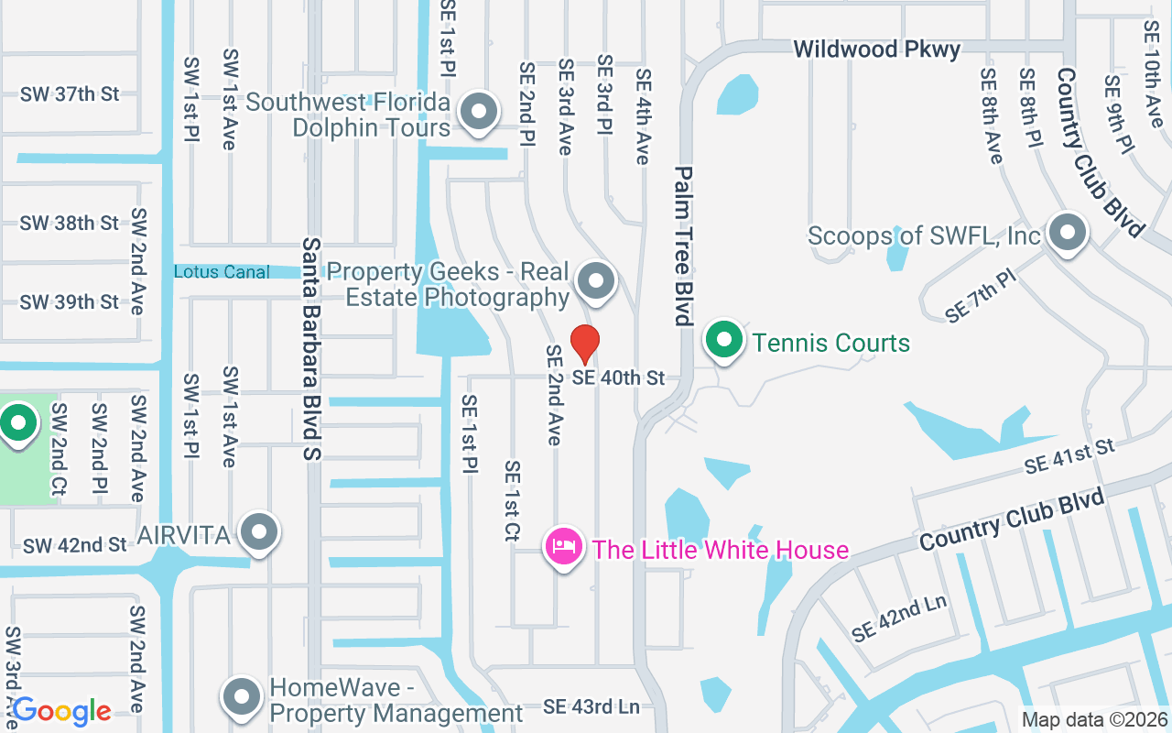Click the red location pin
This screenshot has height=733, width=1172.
tap(585, 344)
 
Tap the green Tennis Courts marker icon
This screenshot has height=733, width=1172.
tap(725, 341)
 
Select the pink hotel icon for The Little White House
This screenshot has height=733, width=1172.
tap(564, 547)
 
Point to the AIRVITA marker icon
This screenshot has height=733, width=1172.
tap(259, 532)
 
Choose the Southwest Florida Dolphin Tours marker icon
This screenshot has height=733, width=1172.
tap(477, 113)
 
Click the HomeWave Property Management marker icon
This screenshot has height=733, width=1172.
tap(242, 697)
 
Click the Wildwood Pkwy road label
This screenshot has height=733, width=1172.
tap(876, 49)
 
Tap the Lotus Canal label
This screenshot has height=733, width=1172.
tap(222, 272)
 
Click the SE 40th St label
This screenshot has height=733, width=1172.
tap(619, 377)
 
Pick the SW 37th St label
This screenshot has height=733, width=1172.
tap(70, 93)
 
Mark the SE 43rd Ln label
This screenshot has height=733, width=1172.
tap(591, 706)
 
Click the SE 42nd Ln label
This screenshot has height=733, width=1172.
tap(898, 619)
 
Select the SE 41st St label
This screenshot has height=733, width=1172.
tap(1069, 456)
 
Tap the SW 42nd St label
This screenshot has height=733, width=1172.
tap(75, 545)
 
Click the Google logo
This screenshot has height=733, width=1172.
tap(61, 710)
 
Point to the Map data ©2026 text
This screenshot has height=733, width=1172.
tap(1094, 720)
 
